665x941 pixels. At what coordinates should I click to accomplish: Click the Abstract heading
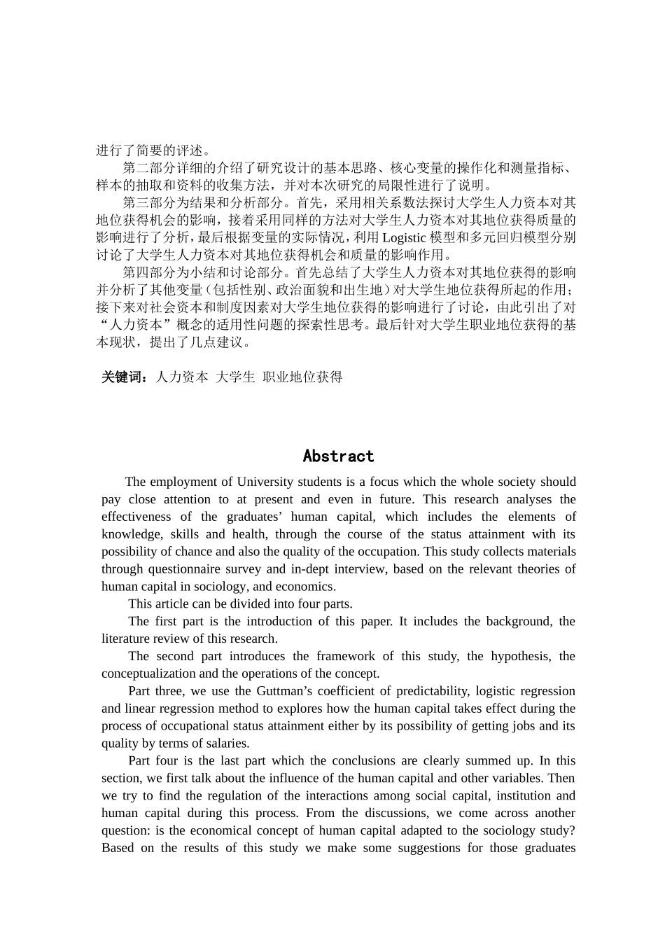point(338,456)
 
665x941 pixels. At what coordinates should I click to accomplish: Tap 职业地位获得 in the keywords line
point(302,377)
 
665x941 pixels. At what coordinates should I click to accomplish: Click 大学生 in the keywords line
point(235,377)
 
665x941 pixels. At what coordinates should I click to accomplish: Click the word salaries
point(224,744)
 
